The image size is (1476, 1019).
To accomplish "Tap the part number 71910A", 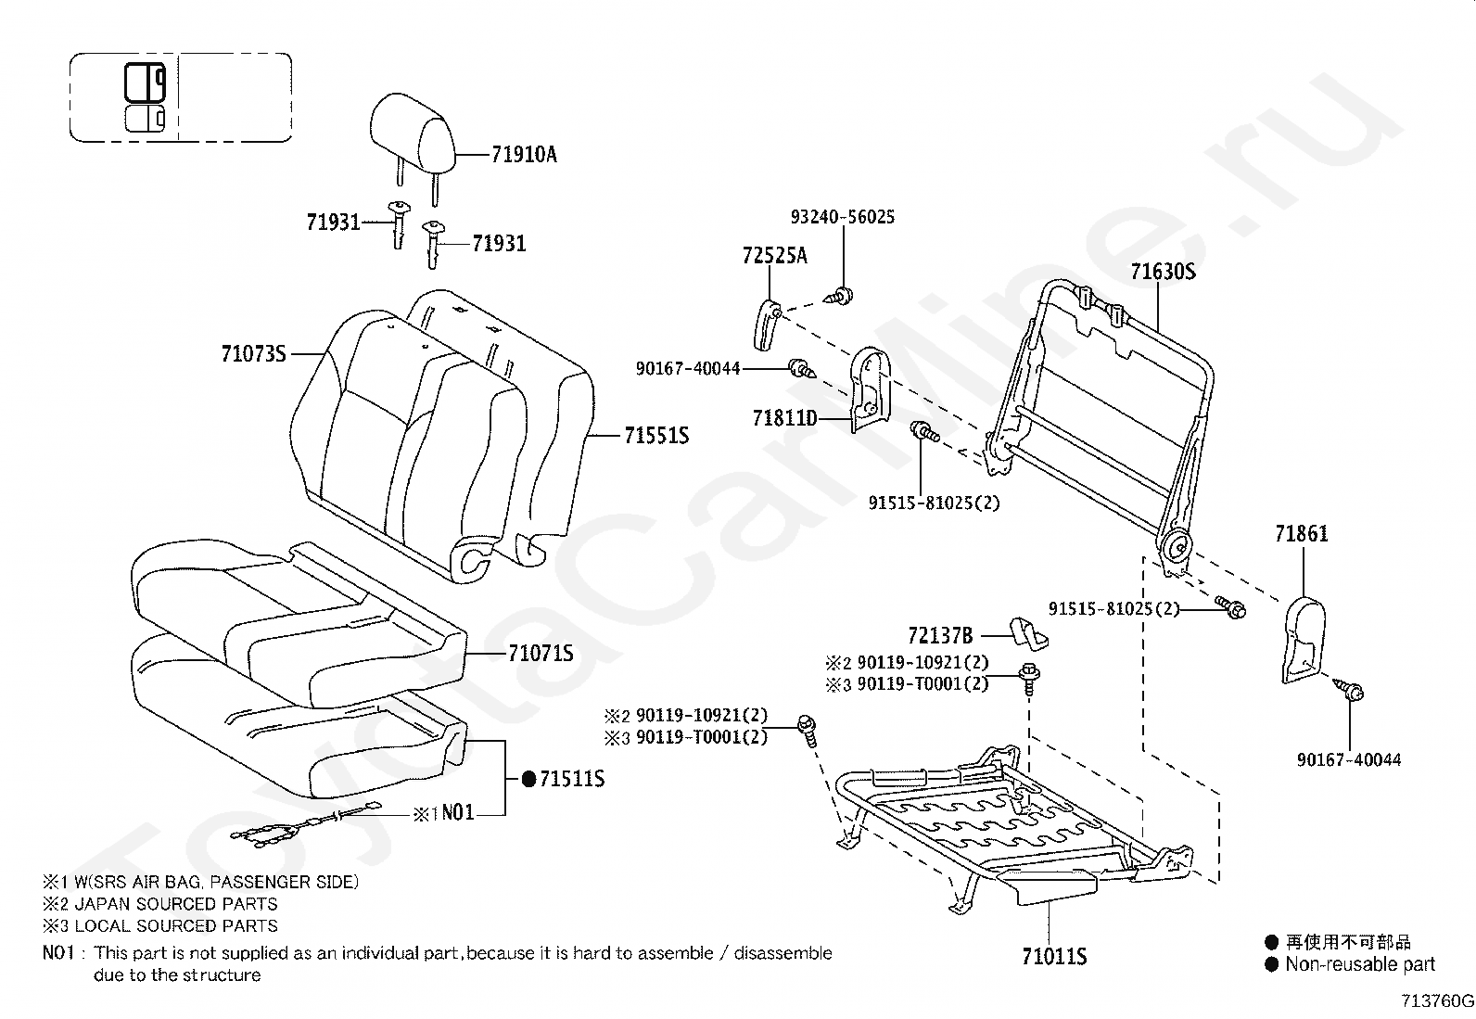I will [524, 155].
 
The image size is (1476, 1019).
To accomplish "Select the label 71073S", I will [253, 353].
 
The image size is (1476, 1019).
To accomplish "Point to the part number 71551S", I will [656, 436].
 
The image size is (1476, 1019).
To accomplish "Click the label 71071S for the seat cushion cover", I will [541, 654].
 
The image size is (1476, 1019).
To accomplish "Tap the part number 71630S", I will [1163, 272].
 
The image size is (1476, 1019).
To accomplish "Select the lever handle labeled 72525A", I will [763, 325].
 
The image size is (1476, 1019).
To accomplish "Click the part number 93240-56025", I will [843, 217].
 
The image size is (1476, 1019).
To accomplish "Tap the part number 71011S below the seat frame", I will [1054, 956].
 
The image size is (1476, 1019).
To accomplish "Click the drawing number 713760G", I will [1437, 1000].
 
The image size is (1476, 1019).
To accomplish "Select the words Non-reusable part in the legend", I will [1359, 964].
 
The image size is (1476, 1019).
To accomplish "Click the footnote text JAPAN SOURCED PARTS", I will [176, 904].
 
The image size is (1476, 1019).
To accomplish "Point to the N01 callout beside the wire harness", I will [457, 813].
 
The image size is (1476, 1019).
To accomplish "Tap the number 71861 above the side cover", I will [1301, 534].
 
